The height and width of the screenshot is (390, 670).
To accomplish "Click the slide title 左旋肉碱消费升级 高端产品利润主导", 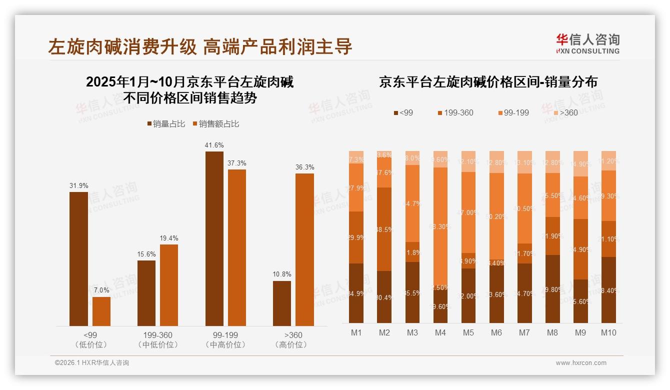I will tap(200, 46).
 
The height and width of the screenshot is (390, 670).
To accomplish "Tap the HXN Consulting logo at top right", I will tap(587, 44).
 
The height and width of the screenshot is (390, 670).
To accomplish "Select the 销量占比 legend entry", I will tap(165, 124).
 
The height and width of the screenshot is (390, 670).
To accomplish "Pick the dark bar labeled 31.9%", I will tap(78, 258).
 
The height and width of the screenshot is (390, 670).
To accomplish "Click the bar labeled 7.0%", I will tap(101, 311).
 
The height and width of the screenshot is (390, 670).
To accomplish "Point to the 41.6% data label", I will tap(214, 145).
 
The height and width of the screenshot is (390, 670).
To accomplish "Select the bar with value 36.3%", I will tap(304, 249).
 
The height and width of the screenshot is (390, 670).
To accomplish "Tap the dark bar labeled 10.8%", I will tap(282, 303).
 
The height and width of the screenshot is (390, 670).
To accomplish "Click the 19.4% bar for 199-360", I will tap(169, 285).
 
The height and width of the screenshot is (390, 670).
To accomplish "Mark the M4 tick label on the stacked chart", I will tap(440, 332).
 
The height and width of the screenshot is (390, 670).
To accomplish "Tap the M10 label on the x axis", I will tap(608, 332).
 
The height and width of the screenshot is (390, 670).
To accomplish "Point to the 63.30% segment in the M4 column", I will tap(440, 226).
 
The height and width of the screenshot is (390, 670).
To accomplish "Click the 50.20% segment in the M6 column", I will tap(496, 216).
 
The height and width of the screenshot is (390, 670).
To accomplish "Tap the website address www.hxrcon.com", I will tap(580, 363).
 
